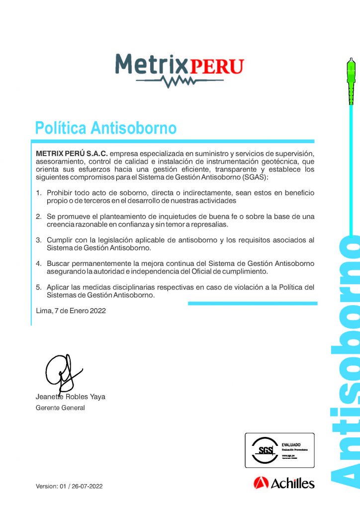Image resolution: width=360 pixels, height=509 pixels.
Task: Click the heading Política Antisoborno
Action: tap(106, 128)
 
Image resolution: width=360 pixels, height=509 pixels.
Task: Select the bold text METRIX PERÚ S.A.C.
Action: tap(72, 153)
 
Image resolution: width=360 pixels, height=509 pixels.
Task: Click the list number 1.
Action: tap(39, 193)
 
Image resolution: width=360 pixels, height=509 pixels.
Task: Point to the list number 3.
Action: tap(39, 240)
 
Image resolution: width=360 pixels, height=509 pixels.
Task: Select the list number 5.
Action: tap(39, 288)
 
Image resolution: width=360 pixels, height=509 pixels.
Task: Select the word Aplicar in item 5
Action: tap(59, 288)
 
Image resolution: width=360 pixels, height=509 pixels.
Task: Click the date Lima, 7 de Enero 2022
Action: tap(71, 311)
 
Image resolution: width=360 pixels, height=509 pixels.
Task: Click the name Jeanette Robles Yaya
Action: tap(71, 397)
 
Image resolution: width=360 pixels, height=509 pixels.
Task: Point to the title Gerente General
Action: tap(60, 408)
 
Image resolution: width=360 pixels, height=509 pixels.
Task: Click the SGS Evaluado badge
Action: tap(279, 450)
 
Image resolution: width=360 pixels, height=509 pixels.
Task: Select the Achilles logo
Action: tap(284, 483)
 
